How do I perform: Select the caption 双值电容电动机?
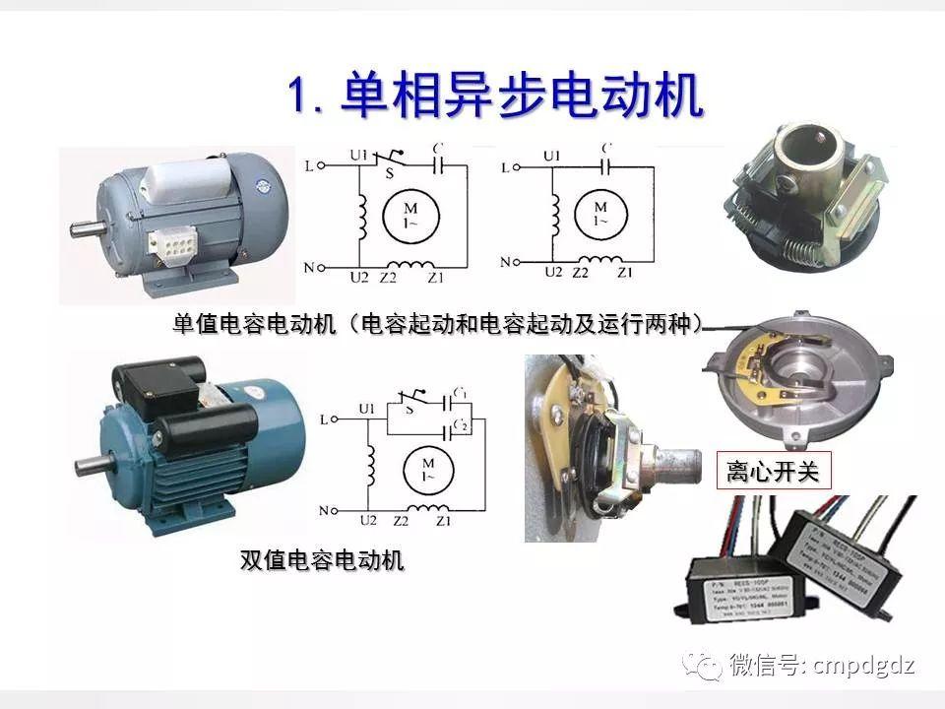point(322,560)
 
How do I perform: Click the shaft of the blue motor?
point(91,462)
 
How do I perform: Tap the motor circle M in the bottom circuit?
point(428,466)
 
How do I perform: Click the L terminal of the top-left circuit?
point(310,167)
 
